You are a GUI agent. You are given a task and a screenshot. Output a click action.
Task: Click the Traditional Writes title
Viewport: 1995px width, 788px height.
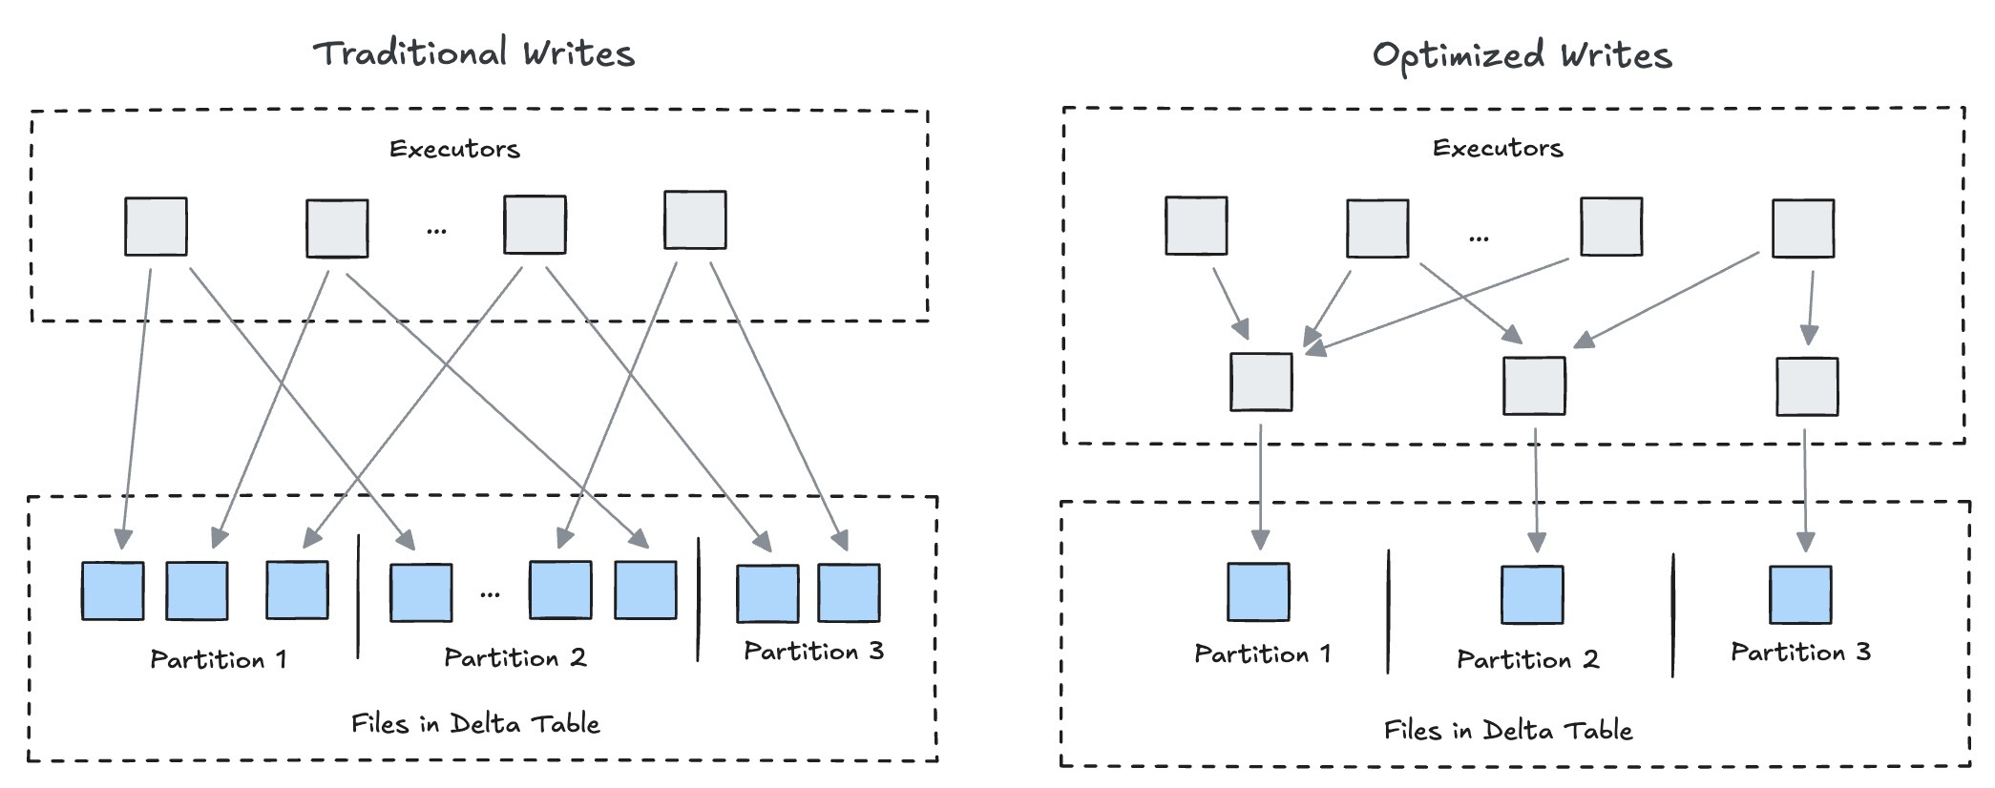pos(474,53)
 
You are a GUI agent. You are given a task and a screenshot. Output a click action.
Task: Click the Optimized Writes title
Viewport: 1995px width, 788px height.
pos(1522,55)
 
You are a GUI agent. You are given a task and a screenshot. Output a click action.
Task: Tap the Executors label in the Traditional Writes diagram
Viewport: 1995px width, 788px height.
pos(454,149)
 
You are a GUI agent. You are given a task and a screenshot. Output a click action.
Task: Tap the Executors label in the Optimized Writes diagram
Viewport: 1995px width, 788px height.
pos(1498,148)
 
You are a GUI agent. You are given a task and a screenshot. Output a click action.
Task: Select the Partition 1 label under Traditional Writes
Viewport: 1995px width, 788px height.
pos(218,659)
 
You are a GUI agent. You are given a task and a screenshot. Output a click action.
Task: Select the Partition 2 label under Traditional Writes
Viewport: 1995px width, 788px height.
pos(514,657)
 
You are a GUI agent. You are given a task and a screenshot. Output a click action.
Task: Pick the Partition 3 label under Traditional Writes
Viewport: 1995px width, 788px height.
pos(813,652)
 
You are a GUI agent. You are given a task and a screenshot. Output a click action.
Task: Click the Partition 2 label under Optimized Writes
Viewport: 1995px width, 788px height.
pos(1527,659)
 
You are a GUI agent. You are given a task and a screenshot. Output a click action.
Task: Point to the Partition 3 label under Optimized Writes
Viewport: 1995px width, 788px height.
pos(1800,653)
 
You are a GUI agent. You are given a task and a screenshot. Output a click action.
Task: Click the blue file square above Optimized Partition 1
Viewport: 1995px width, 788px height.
pos(1258,592)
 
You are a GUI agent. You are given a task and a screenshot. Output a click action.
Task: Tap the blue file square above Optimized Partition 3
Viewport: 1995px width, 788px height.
pos(1800,594)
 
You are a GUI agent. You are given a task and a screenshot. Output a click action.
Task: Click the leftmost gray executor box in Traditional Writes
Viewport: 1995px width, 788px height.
pos(156,226)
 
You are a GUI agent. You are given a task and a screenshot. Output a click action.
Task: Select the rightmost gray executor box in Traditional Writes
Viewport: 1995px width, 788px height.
pos(695,220)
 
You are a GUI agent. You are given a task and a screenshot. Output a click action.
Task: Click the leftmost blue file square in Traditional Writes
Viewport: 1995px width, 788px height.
pos(113,591)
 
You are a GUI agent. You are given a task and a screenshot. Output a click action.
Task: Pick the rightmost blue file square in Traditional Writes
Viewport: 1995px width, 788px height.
pos(849,593)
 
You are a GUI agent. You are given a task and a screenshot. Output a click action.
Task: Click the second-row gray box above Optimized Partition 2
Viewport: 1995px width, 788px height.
pos(1534,385)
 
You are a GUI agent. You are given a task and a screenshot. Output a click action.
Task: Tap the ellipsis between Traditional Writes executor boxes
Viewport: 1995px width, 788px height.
pos(436,230)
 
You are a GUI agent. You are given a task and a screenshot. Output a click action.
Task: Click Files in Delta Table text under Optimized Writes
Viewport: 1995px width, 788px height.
pos(1508,731)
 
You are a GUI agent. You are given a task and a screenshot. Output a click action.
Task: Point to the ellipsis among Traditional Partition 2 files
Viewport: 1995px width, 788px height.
pos(490,594)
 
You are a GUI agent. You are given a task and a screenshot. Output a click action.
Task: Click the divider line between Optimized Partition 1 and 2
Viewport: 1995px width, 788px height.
pos(1389,611)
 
